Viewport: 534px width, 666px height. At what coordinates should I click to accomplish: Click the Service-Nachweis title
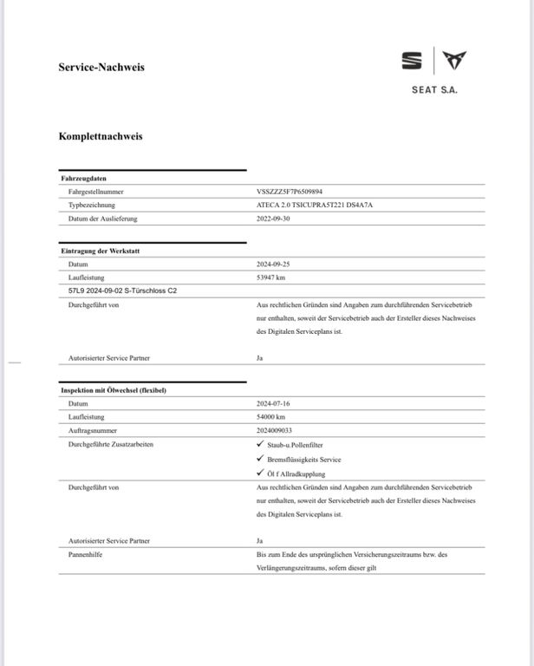101,67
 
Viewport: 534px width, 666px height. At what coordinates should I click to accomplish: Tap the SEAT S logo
412,61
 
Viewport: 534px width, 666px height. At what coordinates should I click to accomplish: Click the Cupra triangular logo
455,61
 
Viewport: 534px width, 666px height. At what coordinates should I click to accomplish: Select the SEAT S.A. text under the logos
435,89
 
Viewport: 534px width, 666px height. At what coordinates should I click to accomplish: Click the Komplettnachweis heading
101,136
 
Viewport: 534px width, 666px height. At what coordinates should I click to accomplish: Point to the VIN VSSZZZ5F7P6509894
290,191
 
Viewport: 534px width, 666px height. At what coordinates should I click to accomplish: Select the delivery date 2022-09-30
274,219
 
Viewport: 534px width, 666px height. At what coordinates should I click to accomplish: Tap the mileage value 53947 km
271,277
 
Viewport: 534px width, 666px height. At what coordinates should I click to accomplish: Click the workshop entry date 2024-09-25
274,264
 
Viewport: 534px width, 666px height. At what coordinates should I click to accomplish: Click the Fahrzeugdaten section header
84,178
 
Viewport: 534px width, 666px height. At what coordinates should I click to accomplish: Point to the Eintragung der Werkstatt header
101,251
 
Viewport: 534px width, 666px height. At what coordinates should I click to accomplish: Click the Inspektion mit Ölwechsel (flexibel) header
114,390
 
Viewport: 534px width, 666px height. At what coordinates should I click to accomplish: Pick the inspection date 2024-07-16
274,403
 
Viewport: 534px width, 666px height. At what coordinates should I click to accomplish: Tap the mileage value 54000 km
271,417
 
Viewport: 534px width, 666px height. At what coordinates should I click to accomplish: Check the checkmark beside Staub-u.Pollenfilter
261,444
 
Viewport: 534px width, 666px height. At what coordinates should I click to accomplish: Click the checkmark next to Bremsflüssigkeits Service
261,459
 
